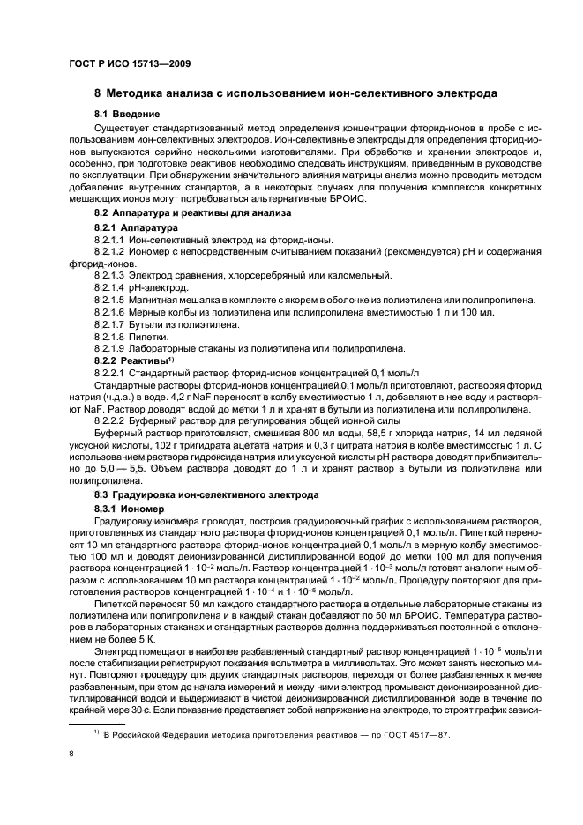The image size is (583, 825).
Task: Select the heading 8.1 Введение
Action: [127, 115]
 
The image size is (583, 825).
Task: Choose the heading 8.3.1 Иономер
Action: [129, 509]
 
